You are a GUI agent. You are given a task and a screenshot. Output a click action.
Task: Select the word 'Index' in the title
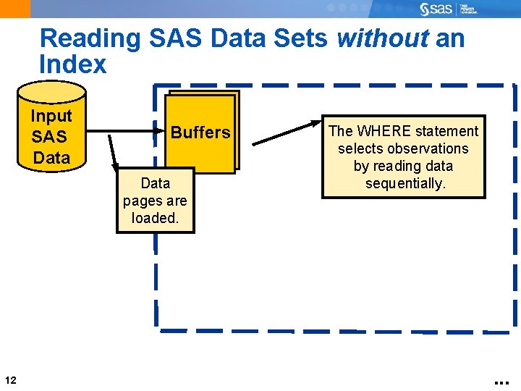[73, 64]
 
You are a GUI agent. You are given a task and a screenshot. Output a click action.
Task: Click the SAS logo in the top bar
[436, 9]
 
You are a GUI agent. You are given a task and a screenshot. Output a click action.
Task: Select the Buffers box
[200, 133]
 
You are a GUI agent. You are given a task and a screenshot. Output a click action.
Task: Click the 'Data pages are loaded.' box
[155, 201]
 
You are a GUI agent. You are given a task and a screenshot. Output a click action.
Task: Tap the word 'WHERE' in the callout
[386, 131]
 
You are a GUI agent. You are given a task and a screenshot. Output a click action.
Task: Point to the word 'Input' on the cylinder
[51, 116]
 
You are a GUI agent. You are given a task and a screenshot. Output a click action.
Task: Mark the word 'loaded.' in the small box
[155, 217]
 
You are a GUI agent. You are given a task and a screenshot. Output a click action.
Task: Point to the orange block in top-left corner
[15, 9]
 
